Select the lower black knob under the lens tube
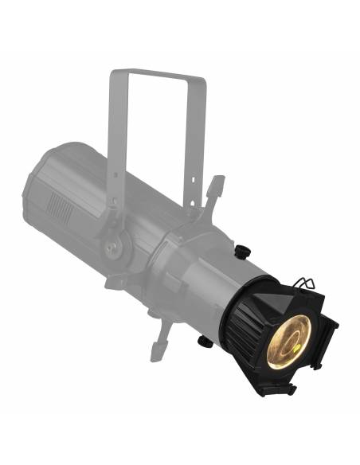[x=205, y=342]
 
